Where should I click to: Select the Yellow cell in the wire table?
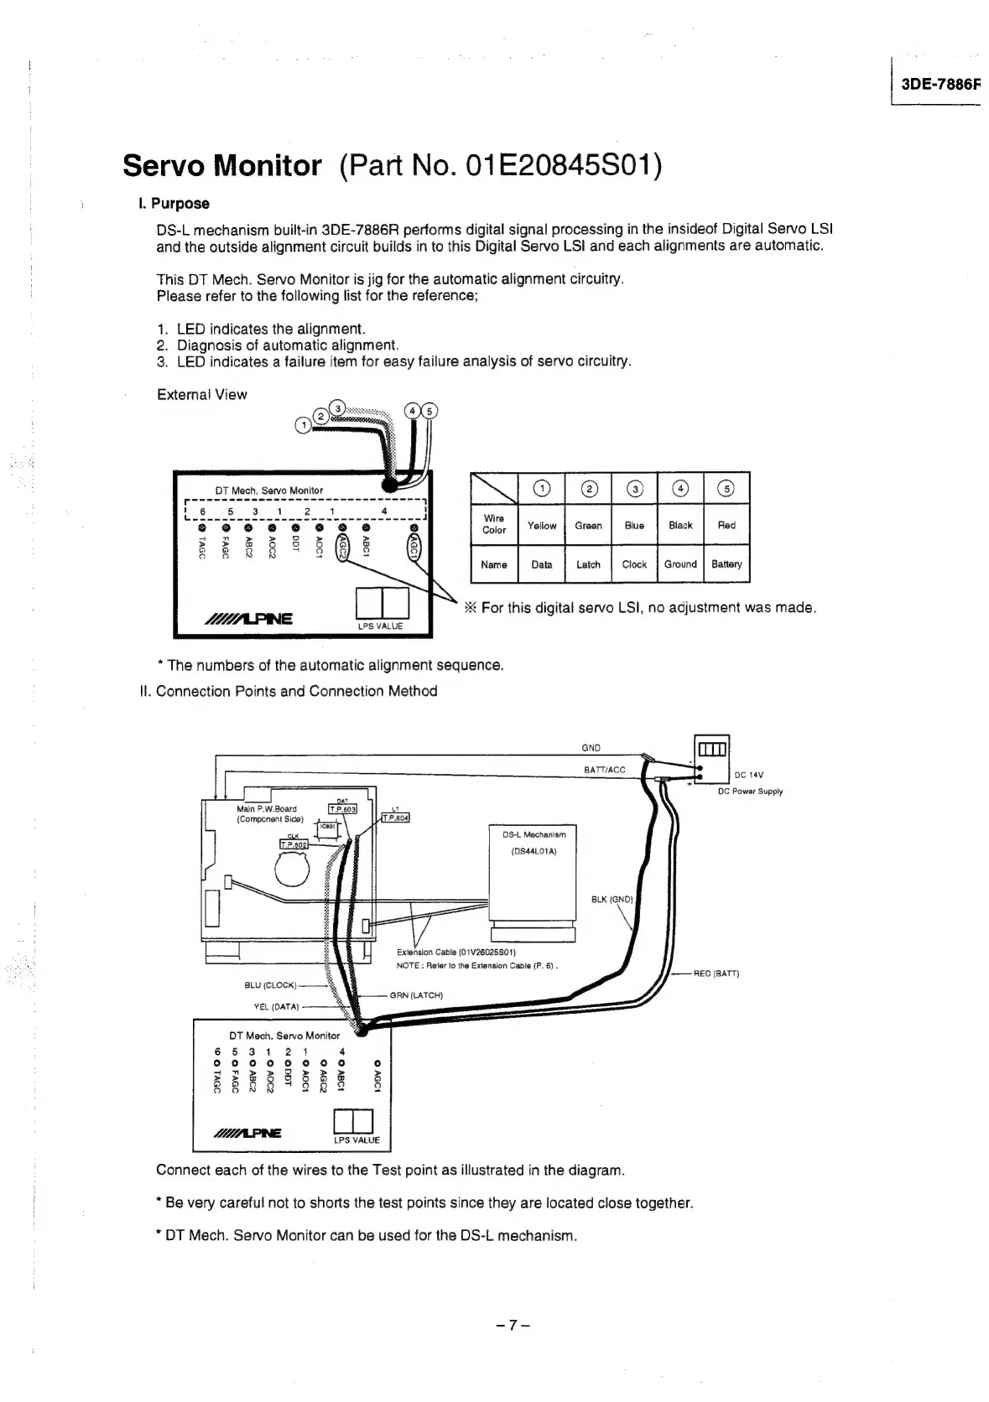pyautogui.click(x=542, y=526)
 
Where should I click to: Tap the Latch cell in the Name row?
pyautogui.click(x=588, y=564)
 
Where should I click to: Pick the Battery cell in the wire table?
pyautogui.click(x=726, y=564)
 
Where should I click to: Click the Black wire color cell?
pyautogui.click(x=680, y=526)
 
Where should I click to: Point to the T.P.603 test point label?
pyautogui.click(x=342, y=808)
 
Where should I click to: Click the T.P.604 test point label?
pyautogui.click(x=394, y=818)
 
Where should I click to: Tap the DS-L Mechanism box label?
pyautogui.click(x=534, y=835)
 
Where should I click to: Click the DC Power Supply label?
pyautogui.click(x=750, y=791)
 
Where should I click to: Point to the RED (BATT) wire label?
pyautogui.click(x=716, y=974)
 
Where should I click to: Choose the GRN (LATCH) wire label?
pyautogui.click(x=416, y=995)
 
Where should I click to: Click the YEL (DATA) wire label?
pyautogui.click(x=276, y=1007)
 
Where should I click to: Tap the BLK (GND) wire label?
pyautogui.click(x=612, y=900)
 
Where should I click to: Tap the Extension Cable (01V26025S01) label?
pyautogui.click(x=455, y=952)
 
